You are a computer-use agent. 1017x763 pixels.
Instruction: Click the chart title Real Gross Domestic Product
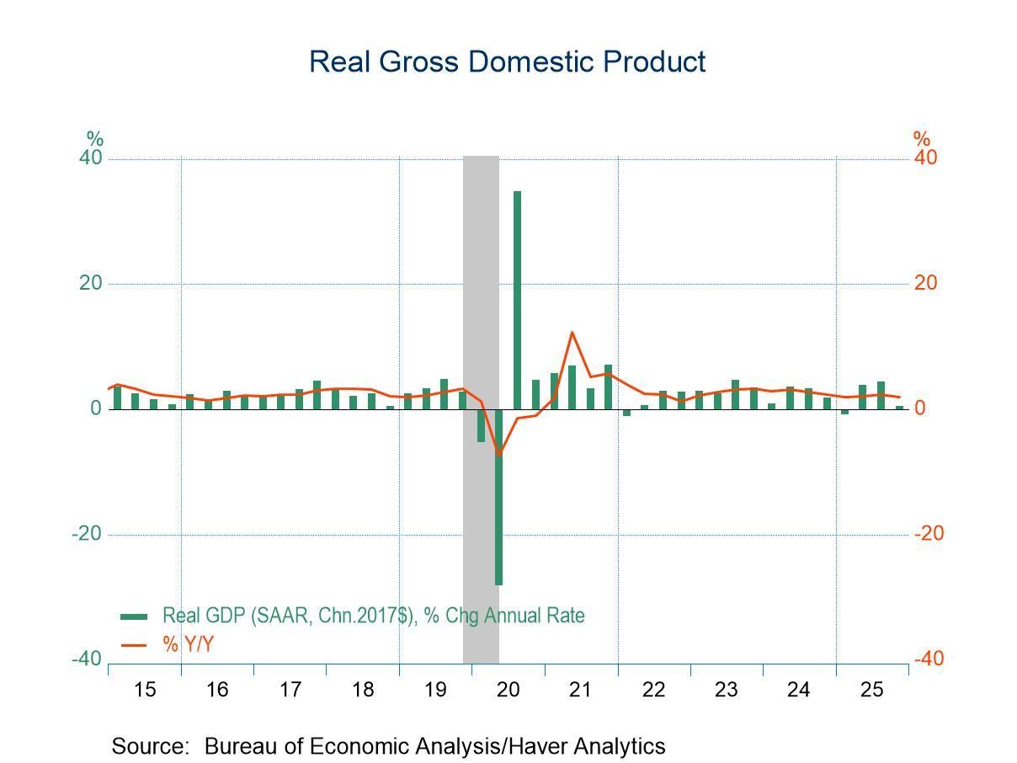click(507, 61)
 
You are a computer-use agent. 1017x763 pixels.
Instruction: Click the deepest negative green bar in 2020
click(498, 497)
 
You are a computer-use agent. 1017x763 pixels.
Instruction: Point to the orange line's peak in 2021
click(572, 333)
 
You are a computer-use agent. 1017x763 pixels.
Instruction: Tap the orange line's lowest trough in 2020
click(499, 455)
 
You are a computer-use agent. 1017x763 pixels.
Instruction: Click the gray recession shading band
click(481, 253)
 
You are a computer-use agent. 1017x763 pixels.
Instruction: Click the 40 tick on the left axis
click(90, 158)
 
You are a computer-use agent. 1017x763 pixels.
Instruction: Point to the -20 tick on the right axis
click(929, 534)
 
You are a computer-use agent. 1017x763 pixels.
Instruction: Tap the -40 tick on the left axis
click(87, 659)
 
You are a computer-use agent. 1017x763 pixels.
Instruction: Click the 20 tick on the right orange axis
click(926, 283)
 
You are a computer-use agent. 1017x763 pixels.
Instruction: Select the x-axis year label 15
click(145, 690)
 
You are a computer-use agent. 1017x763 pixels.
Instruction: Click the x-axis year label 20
click(508, 690)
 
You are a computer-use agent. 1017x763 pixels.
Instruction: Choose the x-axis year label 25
click(871, 690)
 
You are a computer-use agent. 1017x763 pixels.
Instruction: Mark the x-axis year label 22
click(653, 690)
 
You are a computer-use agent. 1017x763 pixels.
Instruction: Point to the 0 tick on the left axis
click(96, 409)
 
